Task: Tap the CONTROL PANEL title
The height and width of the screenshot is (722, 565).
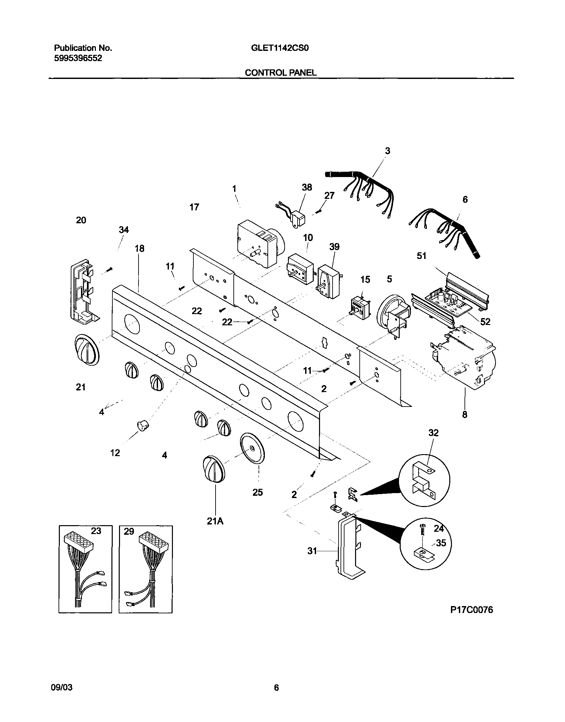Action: pyautogui.click(x=280, y=73)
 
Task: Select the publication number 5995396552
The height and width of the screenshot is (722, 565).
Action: pyautogui.click(x=78, y=58)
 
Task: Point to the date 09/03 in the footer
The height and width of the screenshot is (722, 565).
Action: pyautogui.click(x=62, y=688)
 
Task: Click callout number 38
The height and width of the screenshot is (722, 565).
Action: pyautogui.click(x=306, y=188)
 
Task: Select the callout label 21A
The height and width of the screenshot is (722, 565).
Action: pyautogui.click(x=215, y=521)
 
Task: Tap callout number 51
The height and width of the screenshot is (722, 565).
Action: pyautogui.click(x=421, y=256)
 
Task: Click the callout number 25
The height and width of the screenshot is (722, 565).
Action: pyautogui.click(x=258, y=492)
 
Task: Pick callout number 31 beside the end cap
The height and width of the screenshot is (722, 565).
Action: pyautogui.click(x=312, y=551)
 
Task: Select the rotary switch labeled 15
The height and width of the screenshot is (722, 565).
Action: pyautogui.click(x=361, y=308)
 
